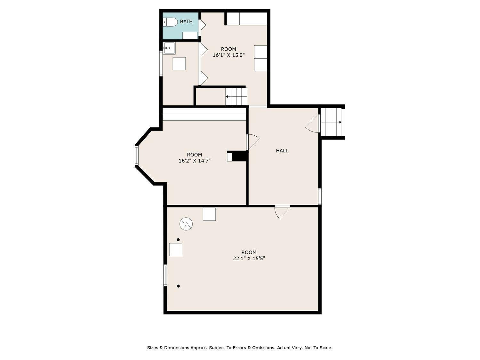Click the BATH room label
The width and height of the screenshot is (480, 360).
(186, 22)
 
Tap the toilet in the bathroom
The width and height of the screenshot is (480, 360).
(170, 22)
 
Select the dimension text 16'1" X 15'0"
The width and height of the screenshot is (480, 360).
(228, 55)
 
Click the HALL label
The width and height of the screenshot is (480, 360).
(282, 151)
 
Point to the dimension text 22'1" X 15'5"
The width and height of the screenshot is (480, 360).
(249, 258)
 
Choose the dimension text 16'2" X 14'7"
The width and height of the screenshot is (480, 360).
(195, 161)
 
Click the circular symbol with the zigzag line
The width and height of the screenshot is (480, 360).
(186, 224)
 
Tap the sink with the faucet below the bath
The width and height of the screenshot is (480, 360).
(169, 48)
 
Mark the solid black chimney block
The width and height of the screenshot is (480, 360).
(239, 156)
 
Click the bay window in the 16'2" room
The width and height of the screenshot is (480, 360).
(137, 156)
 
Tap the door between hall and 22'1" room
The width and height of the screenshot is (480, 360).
(282, 212)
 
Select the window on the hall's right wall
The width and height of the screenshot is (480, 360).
(320, 196)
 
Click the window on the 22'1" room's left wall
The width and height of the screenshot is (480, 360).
(165, 275)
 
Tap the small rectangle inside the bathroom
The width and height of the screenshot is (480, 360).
(190, 36)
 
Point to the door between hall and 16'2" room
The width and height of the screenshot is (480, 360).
(253, 142)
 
